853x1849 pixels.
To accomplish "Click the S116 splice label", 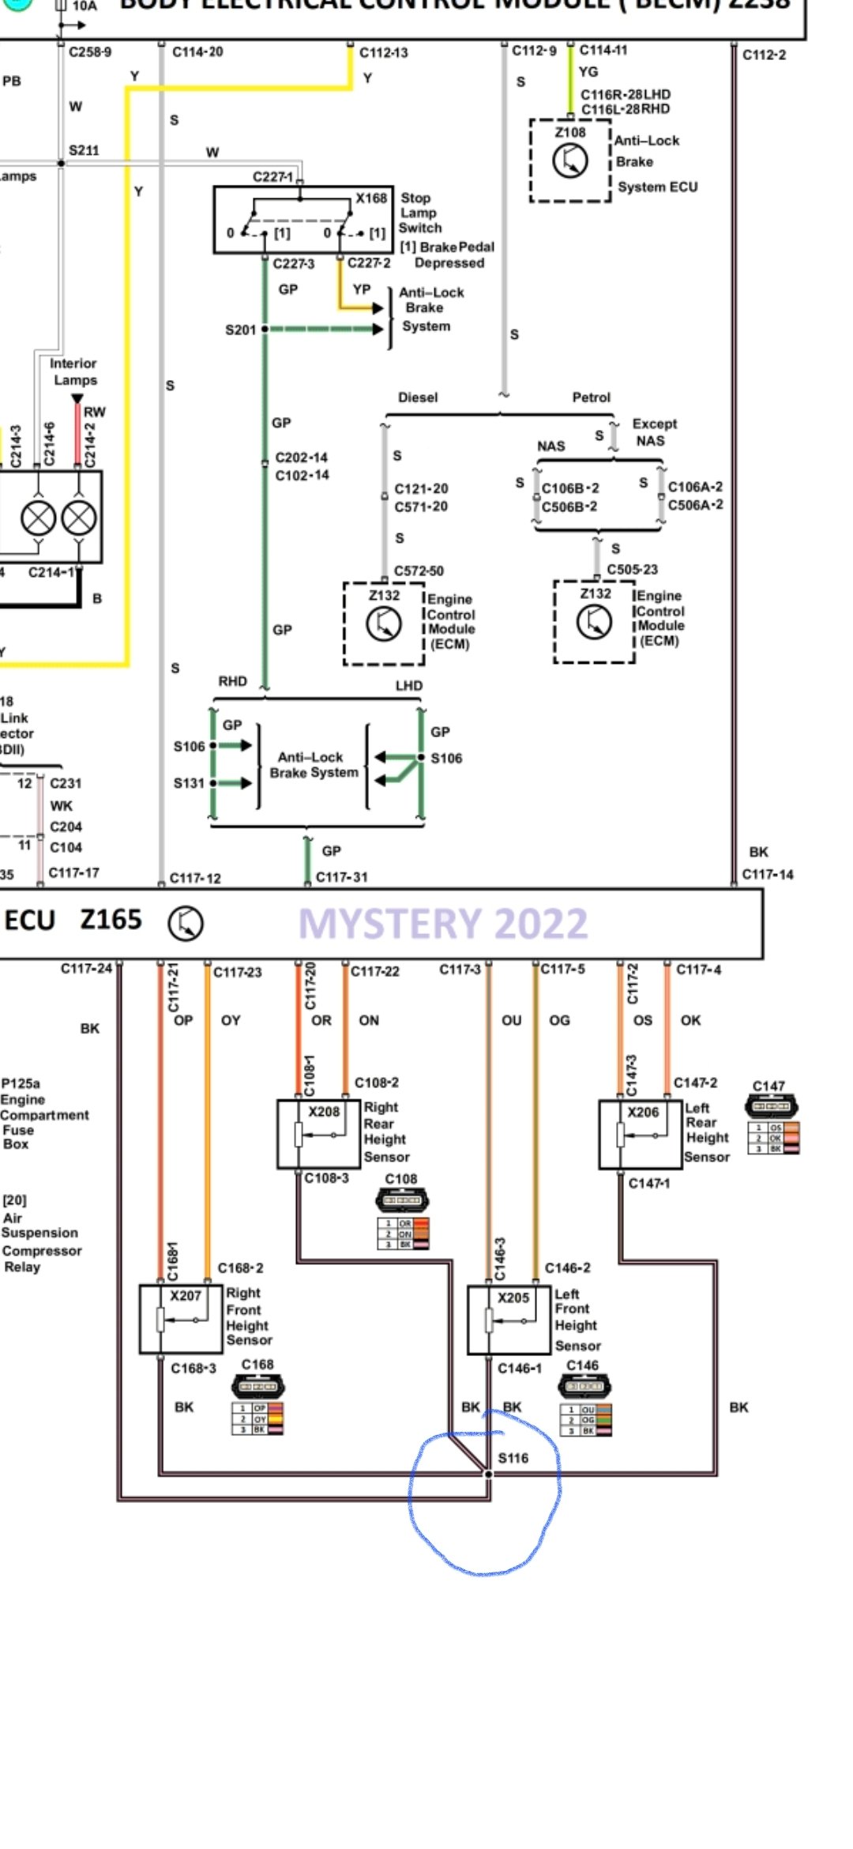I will (513, 1458).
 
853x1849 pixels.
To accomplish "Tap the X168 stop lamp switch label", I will (371, 198).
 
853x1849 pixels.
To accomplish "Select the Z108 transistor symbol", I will (569, 161).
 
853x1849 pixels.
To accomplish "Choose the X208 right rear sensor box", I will (318, 1133).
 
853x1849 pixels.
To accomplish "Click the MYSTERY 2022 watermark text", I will (443, 924).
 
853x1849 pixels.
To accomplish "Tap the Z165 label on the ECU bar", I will (111, 920).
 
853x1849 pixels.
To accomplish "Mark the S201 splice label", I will (240, 330).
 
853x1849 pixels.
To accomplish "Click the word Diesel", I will (418, 397).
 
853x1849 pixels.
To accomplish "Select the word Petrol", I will (591, 397).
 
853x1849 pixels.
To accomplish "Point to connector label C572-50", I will (419, 571).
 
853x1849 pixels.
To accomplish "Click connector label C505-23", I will (632, 570).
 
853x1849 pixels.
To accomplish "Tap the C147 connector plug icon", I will (771, 1105).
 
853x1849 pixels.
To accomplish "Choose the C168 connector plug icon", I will (257, 1385).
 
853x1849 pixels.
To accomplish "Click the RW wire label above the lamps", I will (94, 412).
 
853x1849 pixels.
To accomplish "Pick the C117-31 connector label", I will (341, 877).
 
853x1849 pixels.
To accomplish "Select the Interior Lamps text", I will (73, 371).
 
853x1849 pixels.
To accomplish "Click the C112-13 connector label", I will (384, 53).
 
